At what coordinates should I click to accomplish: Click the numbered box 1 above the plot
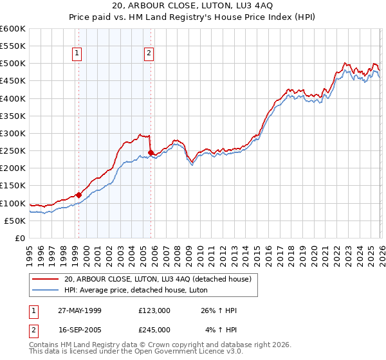(77, 54)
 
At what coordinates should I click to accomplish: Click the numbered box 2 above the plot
(149, 54)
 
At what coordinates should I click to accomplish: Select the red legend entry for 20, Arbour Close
(160, 278)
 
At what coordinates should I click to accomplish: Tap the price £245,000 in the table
(154, 329)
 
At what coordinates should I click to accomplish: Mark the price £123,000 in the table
(154, 310)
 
